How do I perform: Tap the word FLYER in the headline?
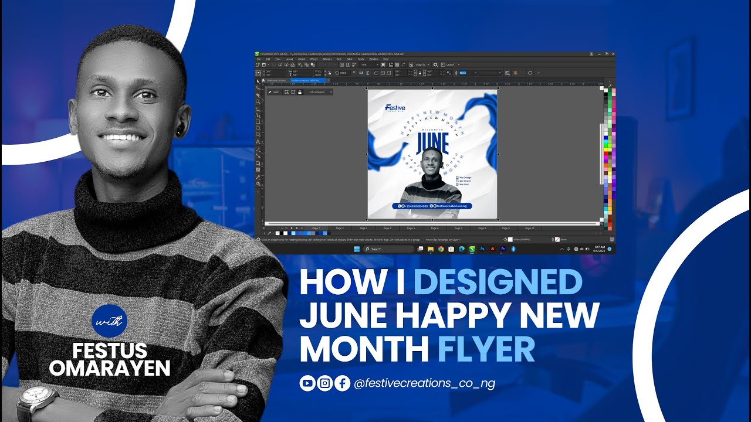pos(486,349)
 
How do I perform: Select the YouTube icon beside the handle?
pos(307,383)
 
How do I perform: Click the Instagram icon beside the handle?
pos(325,383)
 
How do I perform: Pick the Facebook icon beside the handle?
pos(343,383)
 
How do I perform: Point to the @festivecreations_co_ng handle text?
pos(425,383)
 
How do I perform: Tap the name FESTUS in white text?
pos(110,351)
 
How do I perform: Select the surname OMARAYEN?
pos(110,368)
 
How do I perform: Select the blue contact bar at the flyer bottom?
pos(432,206)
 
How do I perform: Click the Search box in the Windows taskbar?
pos(388,249)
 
